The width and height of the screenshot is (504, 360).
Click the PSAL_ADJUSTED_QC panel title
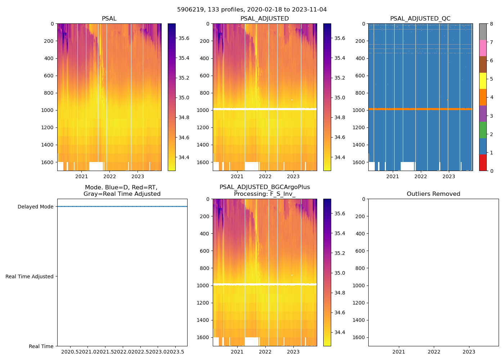coord(420,19)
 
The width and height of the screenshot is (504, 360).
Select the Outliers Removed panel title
coord(433,194)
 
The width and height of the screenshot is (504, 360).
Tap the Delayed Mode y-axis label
coord(35,207)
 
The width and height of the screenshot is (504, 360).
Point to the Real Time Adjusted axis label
coord(30,276)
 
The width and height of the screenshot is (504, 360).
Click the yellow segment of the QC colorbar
coord(483,81)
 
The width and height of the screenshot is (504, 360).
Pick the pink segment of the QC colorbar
coord(483,48)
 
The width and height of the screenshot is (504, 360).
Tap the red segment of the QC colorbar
coord(483,162)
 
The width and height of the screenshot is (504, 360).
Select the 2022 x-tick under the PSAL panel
coord(110,176)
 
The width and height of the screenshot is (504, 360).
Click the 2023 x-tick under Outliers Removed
coord(469,352)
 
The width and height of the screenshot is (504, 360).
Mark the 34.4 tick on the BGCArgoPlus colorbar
coord(340,332)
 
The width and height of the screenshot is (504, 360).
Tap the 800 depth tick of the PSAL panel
coord(49,93)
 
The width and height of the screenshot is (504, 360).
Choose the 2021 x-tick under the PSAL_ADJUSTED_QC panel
coord(392,176)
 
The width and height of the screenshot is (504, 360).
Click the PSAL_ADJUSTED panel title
coord(265,19)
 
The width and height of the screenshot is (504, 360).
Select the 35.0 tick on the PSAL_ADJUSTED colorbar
coord(340,98)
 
